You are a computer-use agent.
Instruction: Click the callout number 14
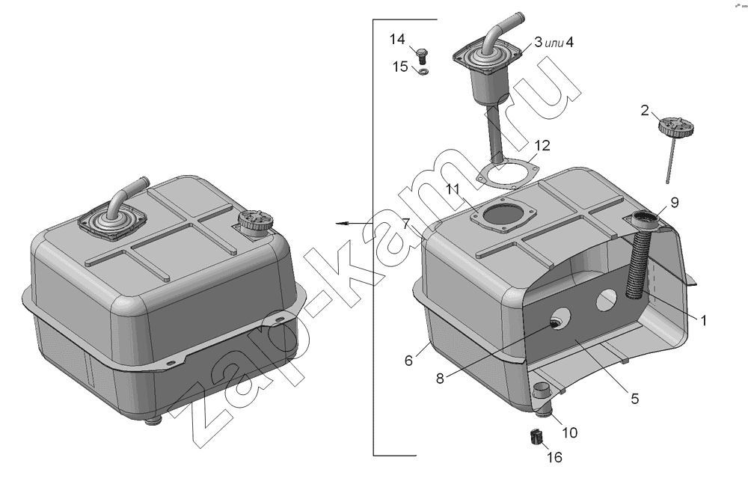point(397,39)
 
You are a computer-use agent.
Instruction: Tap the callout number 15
point(400,67)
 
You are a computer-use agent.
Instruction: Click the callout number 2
point(645,111)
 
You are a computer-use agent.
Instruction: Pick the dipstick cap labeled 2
point(675,127)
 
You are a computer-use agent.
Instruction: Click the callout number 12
point(542,145)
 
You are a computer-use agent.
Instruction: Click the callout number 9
point(674,203)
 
